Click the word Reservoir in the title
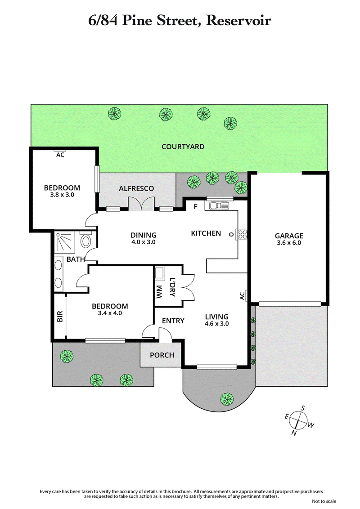[238, 21]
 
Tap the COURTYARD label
[183, 147]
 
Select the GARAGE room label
[289, 236]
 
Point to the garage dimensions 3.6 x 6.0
[289, 243]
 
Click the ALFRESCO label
[136, 188]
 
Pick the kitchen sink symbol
[217, 206]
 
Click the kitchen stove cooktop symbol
[243, 234]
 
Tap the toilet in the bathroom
[85, 240]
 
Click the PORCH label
[162, 355]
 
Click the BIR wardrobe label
[59, 317]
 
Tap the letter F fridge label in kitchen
[195, 207]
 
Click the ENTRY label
[173, 321]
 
